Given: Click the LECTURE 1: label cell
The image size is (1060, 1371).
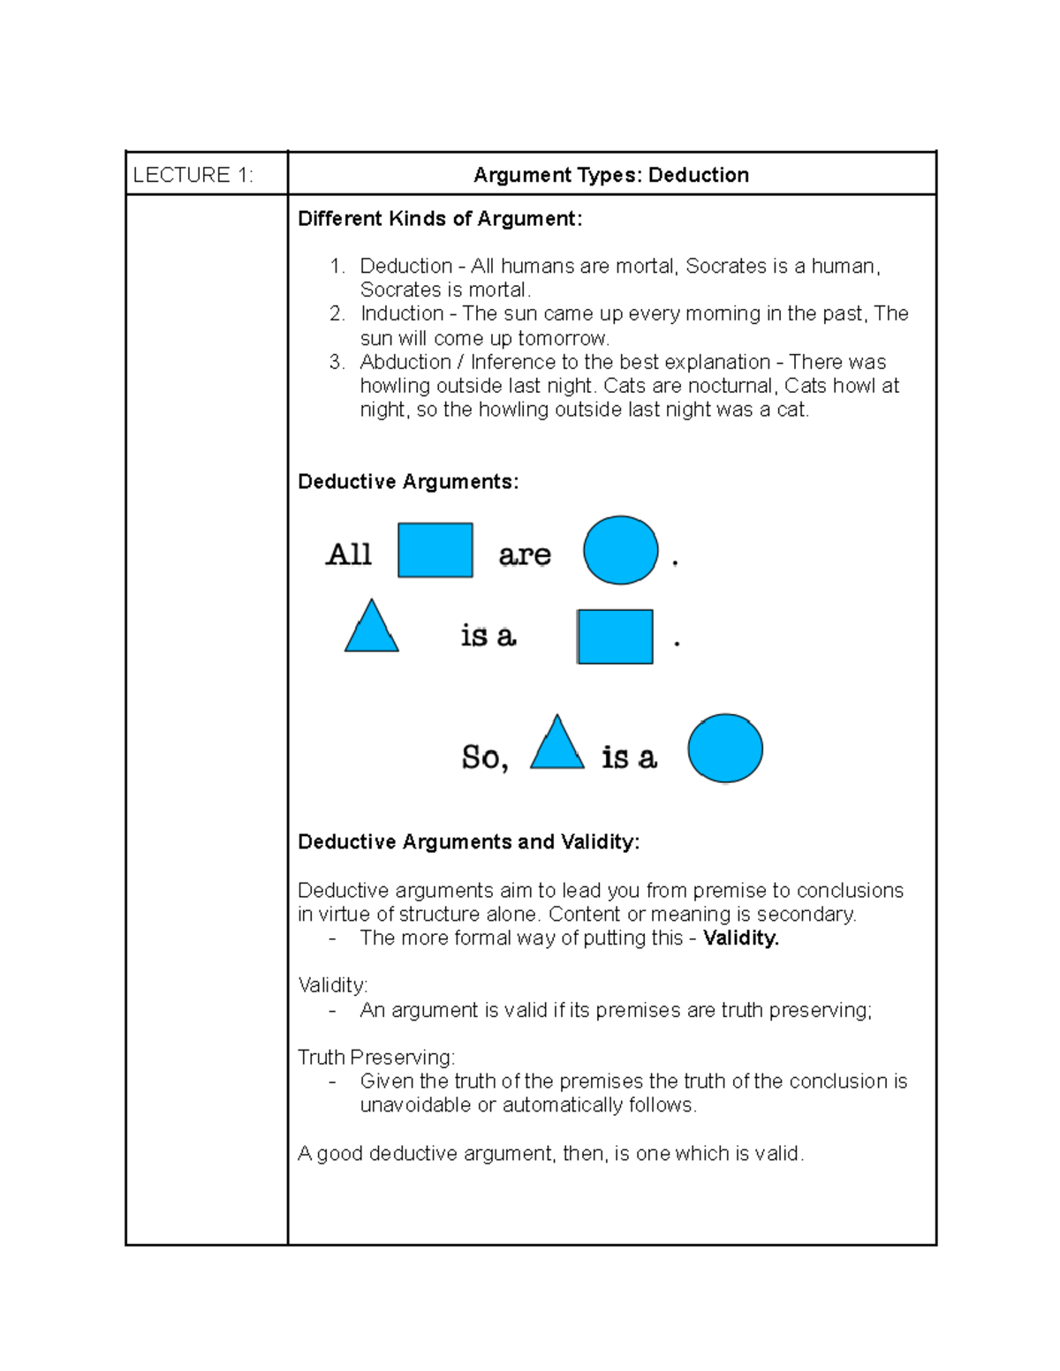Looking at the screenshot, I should click(x=193, y=175).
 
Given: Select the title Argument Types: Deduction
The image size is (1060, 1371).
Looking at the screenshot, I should click(x=610, y=175).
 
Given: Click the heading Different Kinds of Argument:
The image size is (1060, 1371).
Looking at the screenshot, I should click(x=440, y=219).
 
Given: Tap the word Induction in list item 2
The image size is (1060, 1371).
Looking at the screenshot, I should click(x=402, y=313).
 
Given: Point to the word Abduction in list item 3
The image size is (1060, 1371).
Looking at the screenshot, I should click(x=405, y=362).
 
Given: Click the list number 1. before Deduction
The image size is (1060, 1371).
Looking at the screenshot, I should click(x=337, y=266).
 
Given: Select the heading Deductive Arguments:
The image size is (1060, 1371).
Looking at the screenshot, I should click(x=408, y=481).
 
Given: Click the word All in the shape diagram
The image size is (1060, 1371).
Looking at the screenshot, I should click(x=349, y=554).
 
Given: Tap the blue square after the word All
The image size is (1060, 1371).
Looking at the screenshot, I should click(x=435, y=550).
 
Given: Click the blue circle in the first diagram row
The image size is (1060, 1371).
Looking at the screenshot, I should click(x=620, y=550).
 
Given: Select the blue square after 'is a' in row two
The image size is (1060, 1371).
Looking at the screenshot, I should click(x=615, y=637).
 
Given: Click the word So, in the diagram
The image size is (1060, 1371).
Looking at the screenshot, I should click(x=484, y=757).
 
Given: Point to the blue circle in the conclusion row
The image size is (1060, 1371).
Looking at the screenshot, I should click(x=724, y=749).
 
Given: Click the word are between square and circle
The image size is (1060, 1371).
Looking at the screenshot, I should click(x=524, y=555).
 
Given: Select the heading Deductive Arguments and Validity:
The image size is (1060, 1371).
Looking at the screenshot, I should click(x=468, y=842).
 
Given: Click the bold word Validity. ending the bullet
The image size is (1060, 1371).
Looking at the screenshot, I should click(x=740, y=938).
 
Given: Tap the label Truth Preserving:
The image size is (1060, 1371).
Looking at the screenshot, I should click(x=376, y=1057).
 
